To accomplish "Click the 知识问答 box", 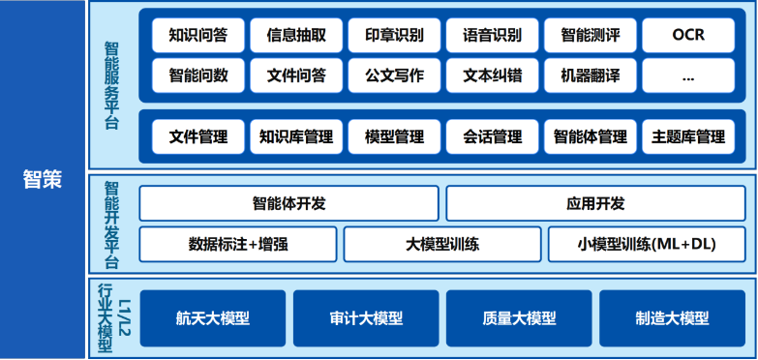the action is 198,35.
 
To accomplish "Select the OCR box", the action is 688,35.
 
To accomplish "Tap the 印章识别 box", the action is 394,35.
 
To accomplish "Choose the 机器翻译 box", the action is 591,75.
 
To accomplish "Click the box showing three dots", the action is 688,75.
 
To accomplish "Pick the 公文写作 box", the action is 394,75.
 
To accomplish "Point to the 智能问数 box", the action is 198,75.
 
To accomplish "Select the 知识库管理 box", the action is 296,136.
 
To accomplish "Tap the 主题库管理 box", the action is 688,136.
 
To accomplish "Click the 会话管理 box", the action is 492,136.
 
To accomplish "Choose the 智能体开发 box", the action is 289,203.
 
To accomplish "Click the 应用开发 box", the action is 595,203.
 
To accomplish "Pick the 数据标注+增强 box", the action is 238,244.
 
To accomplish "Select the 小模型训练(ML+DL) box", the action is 647,244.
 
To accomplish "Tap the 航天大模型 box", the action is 213,318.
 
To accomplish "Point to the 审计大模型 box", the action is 366,318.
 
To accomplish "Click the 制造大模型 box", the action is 673,318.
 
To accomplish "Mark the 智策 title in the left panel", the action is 43,180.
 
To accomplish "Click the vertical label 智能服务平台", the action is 111,85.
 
